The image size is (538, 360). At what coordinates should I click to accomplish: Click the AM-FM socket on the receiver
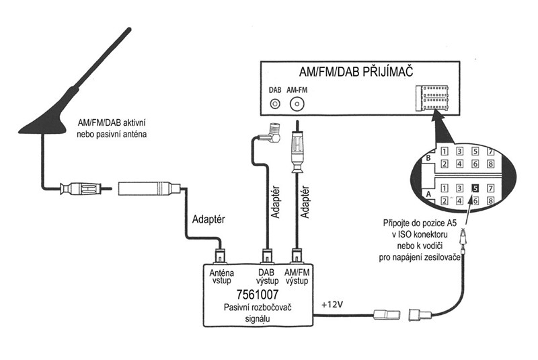(x=297, y=104)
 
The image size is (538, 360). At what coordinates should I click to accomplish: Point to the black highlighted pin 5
(x=475, y=188)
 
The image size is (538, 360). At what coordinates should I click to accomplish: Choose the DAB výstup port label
(x=266, y=277)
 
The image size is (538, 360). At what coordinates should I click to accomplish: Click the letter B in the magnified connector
(x=428, y=159)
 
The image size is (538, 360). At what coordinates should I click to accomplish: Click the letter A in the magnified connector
(x=428, y=193)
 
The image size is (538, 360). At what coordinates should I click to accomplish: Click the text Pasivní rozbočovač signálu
(x=258, y=314)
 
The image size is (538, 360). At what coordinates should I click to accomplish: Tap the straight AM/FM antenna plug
(x=297, y=151)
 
